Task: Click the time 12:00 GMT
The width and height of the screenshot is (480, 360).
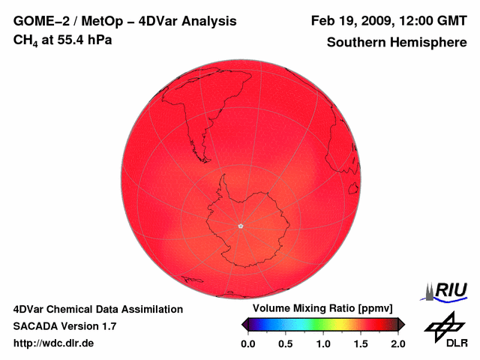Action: [x=430, y=22]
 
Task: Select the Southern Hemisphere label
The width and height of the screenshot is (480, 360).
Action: [x=397, y=43]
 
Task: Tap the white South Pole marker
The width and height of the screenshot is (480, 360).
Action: [x=240, y=226]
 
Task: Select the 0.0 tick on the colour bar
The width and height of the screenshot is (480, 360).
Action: [x=247, y=343]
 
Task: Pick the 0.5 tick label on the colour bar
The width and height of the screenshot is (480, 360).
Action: [x=285, y=343]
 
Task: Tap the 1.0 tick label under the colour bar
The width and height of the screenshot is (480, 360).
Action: [x=322, y=343]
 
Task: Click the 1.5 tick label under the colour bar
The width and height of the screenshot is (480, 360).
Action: [x=360, y=343]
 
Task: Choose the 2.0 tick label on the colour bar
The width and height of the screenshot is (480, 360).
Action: [x=397, y=343]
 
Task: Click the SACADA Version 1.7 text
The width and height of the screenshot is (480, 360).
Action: [x=64, y=326]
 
